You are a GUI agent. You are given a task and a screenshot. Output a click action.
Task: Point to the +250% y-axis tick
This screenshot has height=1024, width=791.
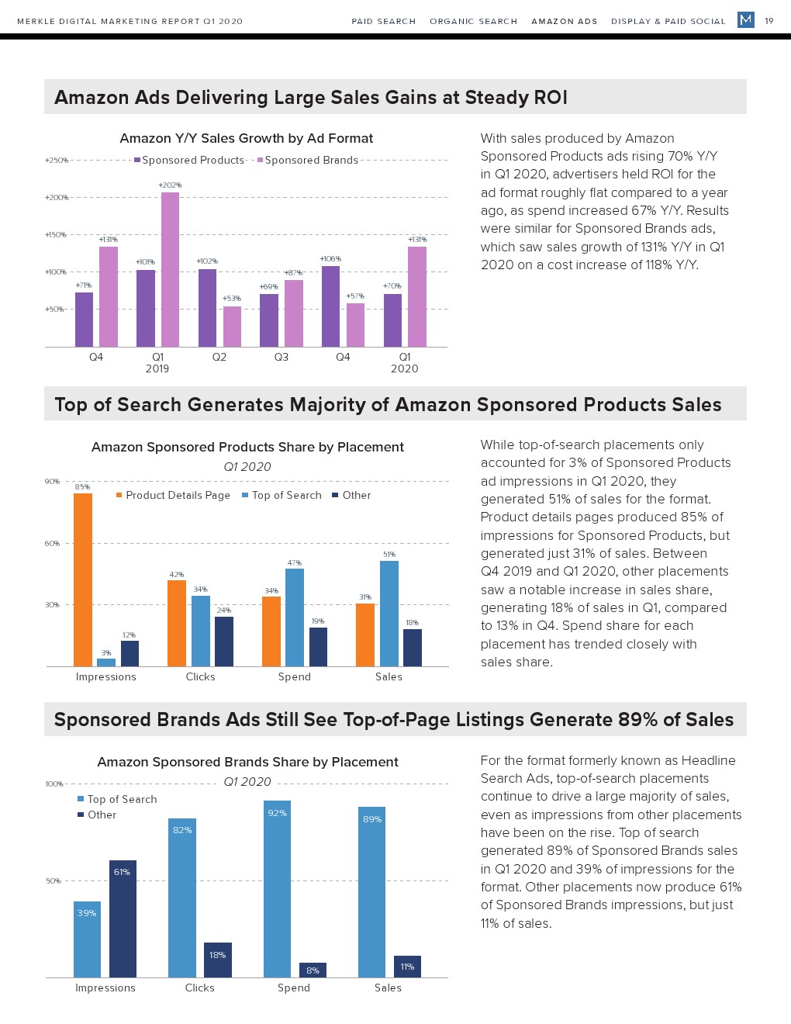57,161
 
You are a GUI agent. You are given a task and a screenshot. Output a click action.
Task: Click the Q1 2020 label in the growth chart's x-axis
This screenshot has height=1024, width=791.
404,363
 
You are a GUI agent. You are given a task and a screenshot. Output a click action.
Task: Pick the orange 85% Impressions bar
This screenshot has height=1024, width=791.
83,579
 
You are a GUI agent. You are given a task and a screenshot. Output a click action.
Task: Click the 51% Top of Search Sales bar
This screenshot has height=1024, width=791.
389,613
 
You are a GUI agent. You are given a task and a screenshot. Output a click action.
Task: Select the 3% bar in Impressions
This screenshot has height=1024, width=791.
106,662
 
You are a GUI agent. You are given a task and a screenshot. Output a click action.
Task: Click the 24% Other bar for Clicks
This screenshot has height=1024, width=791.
224,642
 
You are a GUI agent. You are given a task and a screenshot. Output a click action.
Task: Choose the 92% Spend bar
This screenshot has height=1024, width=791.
277,889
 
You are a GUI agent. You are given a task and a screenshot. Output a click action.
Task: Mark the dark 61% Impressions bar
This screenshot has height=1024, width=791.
123,918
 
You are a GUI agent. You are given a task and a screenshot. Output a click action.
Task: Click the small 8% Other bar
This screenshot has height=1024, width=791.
313,970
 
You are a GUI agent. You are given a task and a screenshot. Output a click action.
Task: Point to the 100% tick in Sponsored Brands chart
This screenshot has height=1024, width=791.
54,784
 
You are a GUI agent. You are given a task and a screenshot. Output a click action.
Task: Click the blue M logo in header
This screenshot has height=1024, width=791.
746,19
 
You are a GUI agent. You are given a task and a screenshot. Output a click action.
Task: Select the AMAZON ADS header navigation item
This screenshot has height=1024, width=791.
564,22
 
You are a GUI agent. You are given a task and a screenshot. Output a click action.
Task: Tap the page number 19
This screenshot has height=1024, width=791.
769,21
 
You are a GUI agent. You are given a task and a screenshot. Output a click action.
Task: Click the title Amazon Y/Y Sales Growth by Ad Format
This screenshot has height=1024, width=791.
246,139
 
